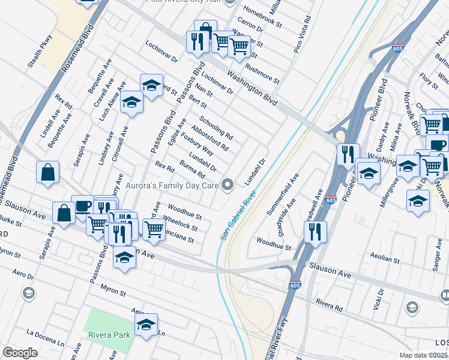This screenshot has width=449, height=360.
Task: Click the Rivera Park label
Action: (x=109, y=334)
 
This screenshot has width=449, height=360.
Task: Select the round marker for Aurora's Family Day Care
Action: (x=228, y=185)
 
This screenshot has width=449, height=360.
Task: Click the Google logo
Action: (x=20, y=353)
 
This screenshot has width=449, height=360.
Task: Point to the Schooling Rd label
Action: (x=216, y=127)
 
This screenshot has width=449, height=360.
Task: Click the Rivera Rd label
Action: (x=330, y=306)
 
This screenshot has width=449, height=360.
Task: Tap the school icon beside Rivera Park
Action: (x=146, y=325)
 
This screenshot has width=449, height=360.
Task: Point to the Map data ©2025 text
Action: (x=423, y=355)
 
